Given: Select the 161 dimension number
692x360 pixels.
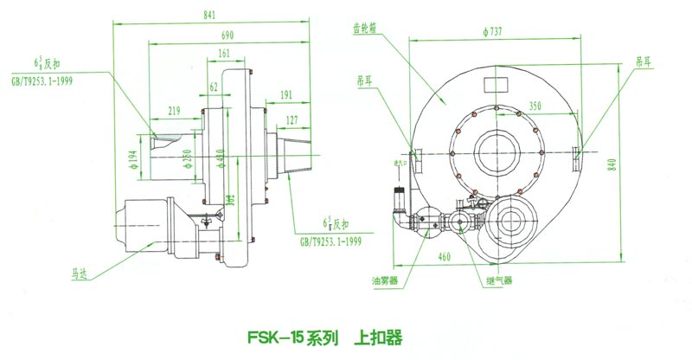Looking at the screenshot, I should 224,55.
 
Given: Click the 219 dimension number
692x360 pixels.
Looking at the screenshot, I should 174,110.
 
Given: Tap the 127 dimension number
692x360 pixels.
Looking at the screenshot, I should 292,119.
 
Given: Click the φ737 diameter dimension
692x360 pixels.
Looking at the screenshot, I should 495,32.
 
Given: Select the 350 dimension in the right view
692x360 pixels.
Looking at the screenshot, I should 535,106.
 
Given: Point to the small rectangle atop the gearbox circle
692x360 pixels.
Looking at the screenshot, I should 497,84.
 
